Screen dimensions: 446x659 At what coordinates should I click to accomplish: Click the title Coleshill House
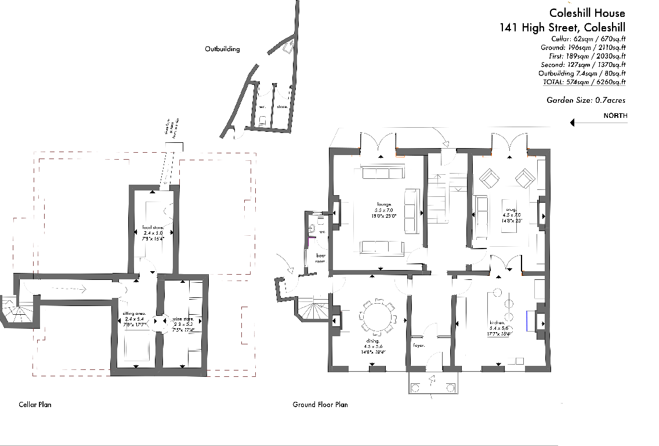587,13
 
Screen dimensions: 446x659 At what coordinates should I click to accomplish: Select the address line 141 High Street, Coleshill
562,27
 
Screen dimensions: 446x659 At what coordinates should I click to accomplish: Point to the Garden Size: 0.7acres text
586,100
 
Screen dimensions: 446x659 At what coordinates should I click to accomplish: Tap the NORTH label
615,116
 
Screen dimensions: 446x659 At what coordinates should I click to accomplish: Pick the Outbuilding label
222,49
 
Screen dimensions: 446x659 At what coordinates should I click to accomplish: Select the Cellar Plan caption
35,404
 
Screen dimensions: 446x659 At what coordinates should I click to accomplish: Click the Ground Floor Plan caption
320,404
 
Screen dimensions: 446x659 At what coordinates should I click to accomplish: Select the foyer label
419,345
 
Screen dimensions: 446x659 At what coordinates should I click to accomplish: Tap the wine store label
183,319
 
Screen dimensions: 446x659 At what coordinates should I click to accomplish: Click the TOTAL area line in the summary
584,82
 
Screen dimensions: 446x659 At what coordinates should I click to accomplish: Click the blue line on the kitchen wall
527,321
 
